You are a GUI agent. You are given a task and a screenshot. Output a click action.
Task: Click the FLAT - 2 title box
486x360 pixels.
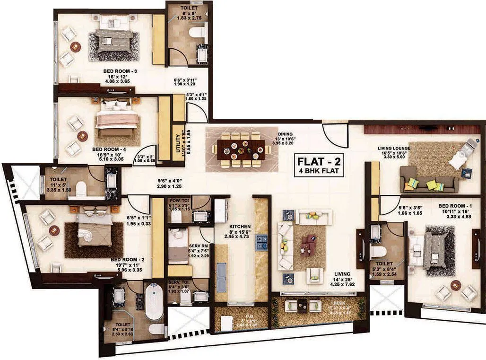click(318, 165)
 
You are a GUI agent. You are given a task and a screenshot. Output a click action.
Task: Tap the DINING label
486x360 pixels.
click(285, 134)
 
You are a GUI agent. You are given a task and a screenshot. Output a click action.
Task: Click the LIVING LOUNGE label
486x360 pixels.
click(394, 148)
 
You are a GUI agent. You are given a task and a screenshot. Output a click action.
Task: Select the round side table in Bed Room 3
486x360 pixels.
click(75, 47)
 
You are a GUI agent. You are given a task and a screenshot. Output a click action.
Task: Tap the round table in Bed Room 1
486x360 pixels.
click(456, 285)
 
